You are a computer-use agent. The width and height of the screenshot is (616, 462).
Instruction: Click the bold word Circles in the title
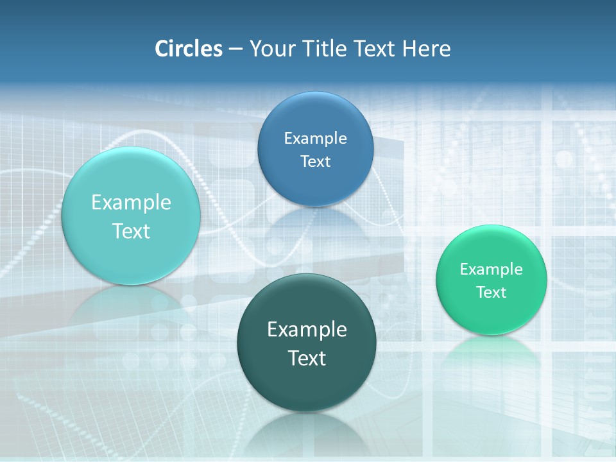pos(189,49)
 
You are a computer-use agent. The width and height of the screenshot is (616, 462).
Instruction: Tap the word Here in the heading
pos(426,49)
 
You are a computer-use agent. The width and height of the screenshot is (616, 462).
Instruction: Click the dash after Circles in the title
pos(235,49)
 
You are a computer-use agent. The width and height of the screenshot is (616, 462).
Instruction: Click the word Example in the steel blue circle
pos(316,138)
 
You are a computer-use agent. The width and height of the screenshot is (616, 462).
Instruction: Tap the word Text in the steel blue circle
pos(316,161)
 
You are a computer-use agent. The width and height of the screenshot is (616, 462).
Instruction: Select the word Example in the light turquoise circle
pos(131,202)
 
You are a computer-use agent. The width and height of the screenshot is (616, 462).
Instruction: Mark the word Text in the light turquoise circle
pos(131,231)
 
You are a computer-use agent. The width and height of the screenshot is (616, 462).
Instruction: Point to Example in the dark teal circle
pos(307,329)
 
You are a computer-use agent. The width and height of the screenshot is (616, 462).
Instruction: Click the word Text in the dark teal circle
pos(307,358)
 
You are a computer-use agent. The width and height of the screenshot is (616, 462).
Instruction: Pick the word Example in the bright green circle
pos(492,269)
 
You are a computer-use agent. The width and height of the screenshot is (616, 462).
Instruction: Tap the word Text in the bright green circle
pos(492,292)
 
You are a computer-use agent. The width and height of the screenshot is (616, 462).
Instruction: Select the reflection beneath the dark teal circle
pos(307,433)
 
